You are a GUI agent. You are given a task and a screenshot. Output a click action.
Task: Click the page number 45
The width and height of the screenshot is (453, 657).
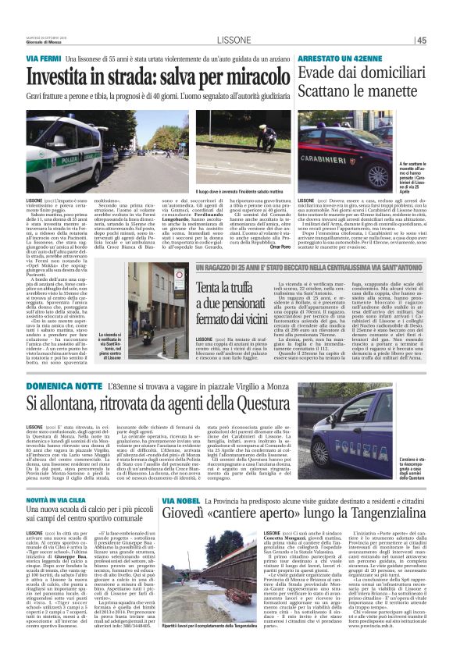(x=441, y=40)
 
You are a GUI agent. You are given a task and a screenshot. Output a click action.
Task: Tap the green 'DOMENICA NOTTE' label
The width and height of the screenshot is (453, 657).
(x=59, y=385)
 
